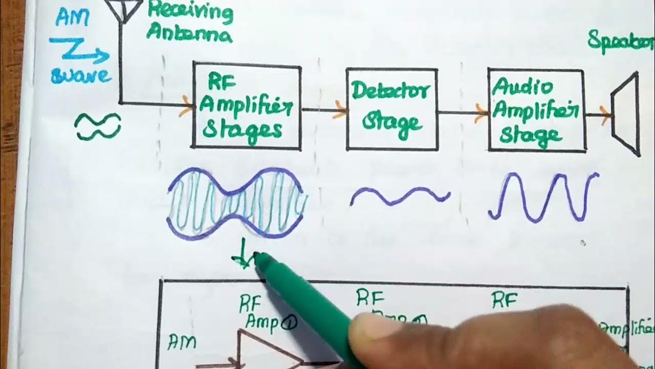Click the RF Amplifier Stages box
[246, 106]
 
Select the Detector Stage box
[391, 109]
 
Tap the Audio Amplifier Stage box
[536, 111]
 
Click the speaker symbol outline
[626, 114]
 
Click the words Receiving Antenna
[189, 24]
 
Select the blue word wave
[81, 76]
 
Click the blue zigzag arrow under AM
[79, 51]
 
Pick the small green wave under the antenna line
[98, 126]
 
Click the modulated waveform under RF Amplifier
[237, 203]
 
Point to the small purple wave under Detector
[400, 196]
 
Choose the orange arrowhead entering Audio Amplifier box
[481, 113]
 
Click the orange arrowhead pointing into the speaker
[606, 115]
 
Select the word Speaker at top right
[620, 39]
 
